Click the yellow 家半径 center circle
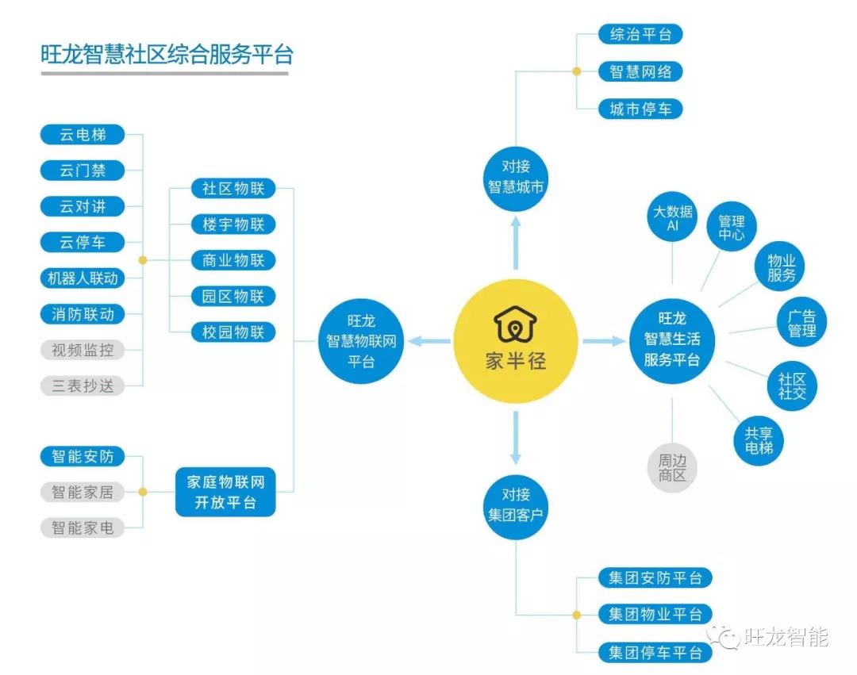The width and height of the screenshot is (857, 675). (x=516, y=341)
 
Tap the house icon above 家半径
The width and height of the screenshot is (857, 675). (x=516, y=324)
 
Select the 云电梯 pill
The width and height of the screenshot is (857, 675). (x=83, y=134)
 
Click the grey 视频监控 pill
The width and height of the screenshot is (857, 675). (x=83, y=350)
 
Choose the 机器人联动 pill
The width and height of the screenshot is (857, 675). (x=83, y=278)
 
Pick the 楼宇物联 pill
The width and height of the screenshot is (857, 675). (x=233, y=224)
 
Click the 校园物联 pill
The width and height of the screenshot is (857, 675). (x=233, y=332)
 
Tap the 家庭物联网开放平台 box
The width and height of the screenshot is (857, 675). (x=225, y=492)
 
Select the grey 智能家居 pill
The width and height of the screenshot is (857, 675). (x=83, y=492)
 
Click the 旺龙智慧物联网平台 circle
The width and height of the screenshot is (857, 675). (x=361, y=341)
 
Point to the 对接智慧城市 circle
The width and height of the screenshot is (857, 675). (x=516, y=178)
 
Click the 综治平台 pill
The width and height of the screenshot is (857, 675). (x=640, y=34)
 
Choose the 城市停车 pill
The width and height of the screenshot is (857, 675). (x=640, y=109)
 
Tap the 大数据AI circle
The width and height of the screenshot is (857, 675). (x=672, y=217)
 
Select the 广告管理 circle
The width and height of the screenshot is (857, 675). (x=801, y=322)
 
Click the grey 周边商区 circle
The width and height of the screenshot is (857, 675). (x=672, y=468)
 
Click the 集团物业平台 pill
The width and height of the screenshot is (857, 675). (x=655, y=615)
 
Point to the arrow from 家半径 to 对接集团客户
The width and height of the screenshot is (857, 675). (x=516, y=438)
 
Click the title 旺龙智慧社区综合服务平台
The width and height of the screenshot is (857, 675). (x=167, y=55)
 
